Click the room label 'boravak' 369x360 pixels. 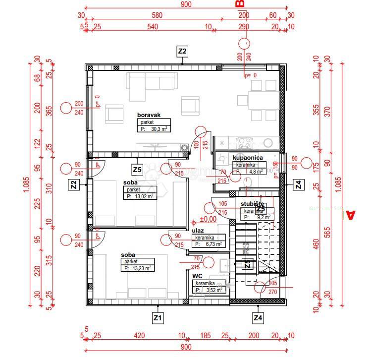[x=148, y=115]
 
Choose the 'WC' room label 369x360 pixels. [x=198, y=277]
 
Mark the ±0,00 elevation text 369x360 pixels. [x=208, y=219]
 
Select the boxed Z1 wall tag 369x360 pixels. [x=158, y=317]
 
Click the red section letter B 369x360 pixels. [x=241, y=4]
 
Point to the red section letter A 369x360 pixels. [x=350, y=215]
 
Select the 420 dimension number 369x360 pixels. [x=139, y=336]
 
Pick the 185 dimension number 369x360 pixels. [x=205, y=336]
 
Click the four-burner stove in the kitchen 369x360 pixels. [x=244, y=143]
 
